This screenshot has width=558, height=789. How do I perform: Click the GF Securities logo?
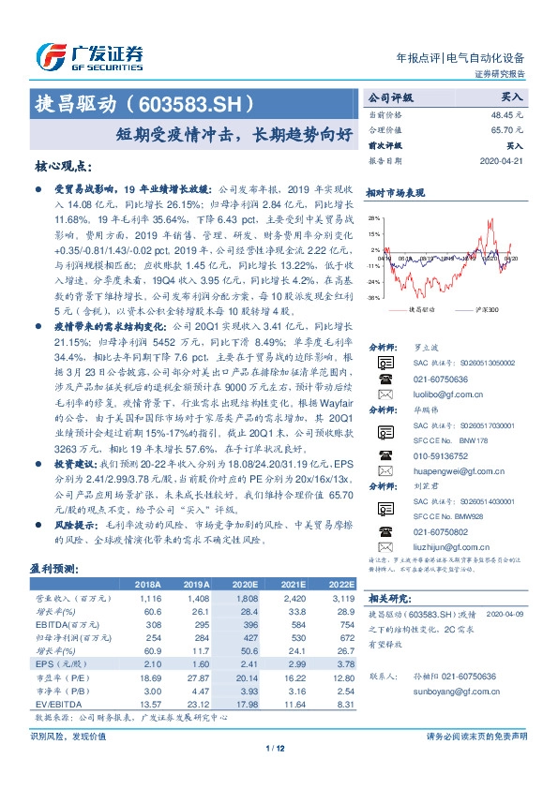coord(89,57)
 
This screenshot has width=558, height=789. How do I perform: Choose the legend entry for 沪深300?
coord(485,308)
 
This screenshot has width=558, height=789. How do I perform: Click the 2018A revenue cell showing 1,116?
coord(151,596)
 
